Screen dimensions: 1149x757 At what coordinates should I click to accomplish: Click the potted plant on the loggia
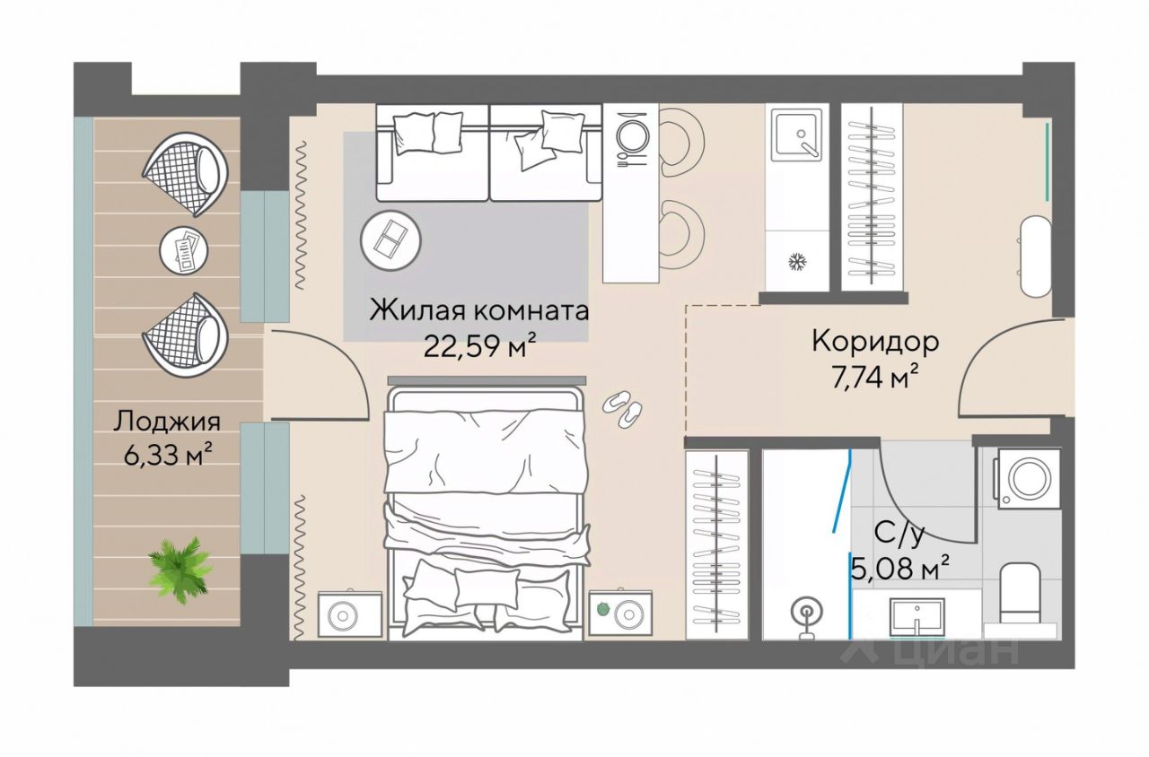point(180,570)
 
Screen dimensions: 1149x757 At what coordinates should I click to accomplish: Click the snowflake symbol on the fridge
point(796,262)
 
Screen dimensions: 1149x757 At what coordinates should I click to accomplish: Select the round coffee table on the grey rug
point(390,240)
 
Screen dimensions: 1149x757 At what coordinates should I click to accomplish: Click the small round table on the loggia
point(185,252)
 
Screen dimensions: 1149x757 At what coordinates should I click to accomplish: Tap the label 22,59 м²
point(479,346)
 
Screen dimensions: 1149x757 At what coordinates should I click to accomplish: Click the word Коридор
point(875,343)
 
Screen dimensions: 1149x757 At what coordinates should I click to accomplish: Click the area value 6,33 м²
point(168,454)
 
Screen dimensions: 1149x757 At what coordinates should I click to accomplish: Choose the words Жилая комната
point(479,310)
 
